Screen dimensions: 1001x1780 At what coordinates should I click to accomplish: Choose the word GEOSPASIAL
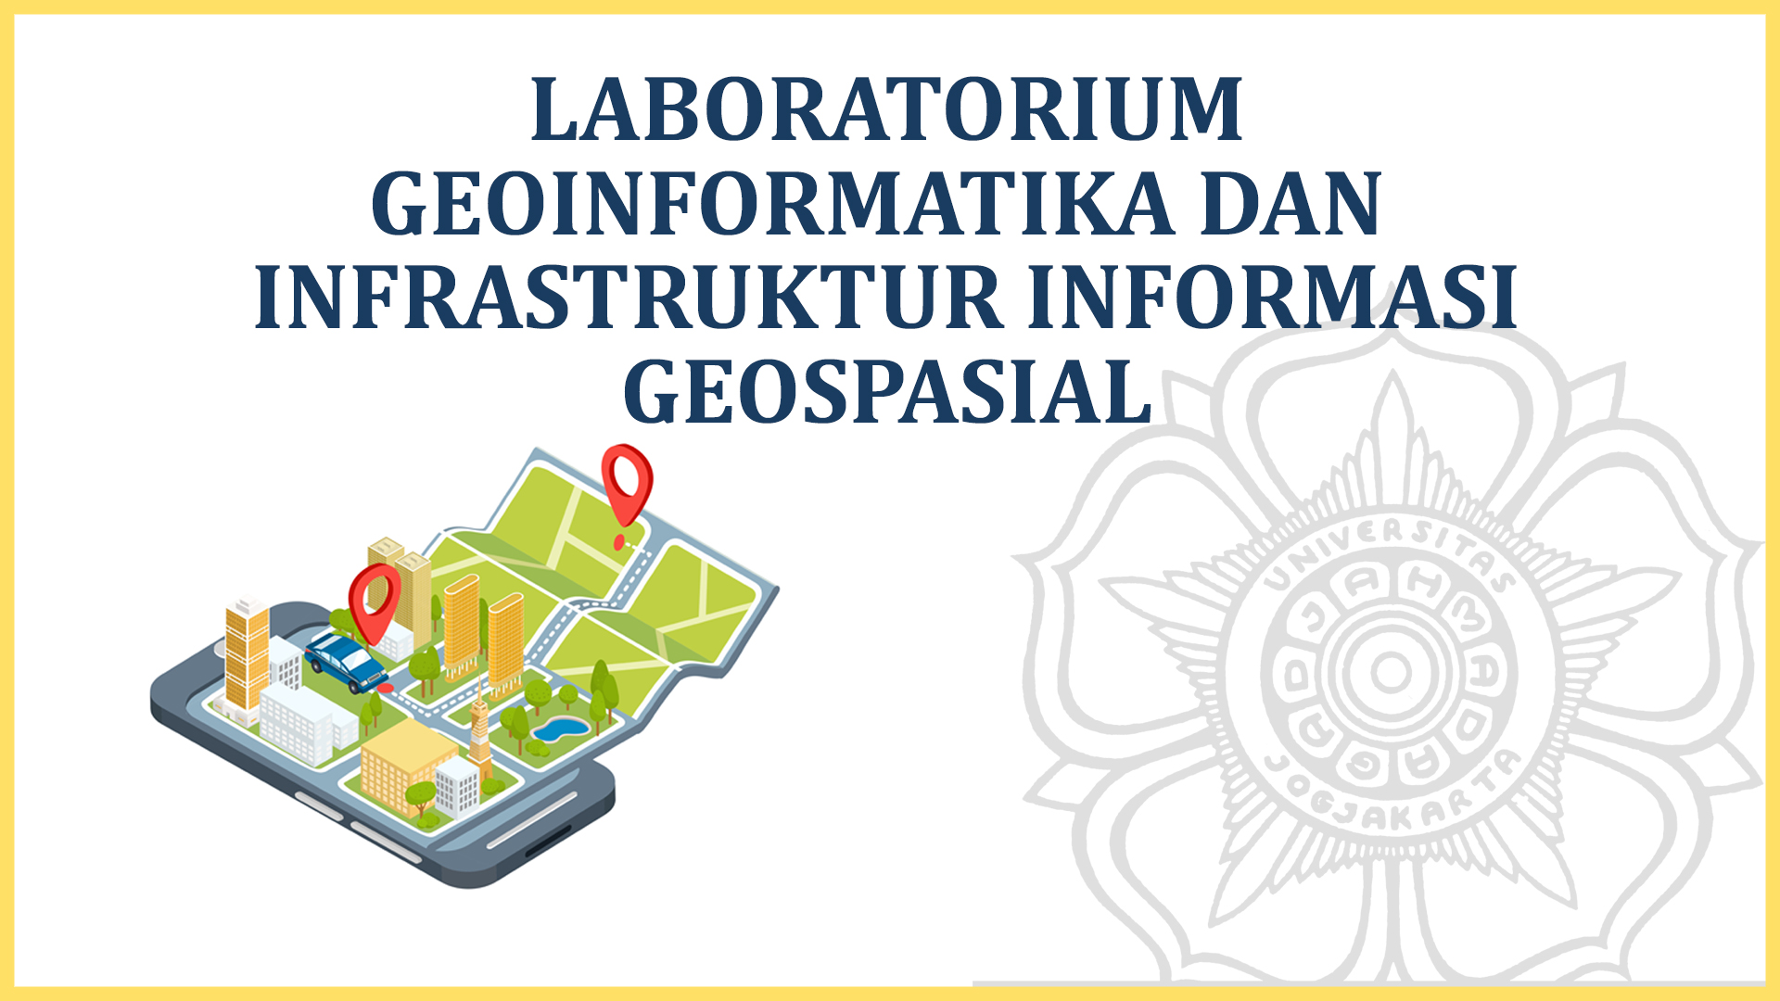(x=887, y=392)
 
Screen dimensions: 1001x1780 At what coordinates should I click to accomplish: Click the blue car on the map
(x=345, y=661)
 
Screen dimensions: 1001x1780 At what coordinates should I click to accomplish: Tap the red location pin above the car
(x=374, y=598)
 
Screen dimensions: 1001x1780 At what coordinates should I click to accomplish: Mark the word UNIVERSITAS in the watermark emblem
(x=1391, y=547)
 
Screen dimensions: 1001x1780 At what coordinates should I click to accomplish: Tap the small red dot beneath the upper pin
(x=619, y=543)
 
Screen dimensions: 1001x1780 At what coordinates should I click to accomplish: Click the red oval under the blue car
(x=384, y=689)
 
